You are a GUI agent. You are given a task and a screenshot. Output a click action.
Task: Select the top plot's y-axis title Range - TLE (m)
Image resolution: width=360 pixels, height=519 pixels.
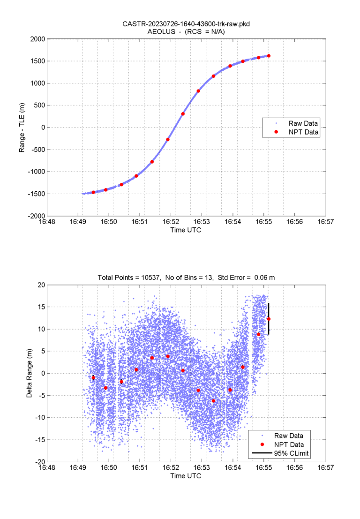coord(22,128)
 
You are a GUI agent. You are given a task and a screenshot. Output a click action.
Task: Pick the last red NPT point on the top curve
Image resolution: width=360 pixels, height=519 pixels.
coord(269,56)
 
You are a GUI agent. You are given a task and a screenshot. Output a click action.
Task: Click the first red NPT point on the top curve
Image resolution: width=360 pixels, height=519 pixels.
coord(93,192)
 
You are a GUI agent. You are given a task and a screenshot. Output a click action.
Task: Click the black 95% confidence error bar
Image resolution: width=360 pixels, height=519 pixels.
coord(269,319)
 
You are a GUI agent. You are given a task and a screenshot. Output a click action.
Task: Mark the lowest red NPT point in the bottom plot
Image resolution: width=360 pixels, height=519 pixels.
coord(213,401)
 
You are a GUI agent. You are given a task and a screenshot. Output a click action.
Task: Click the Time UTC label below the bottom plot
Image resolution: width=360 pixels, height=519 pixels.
coord(186,475)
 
